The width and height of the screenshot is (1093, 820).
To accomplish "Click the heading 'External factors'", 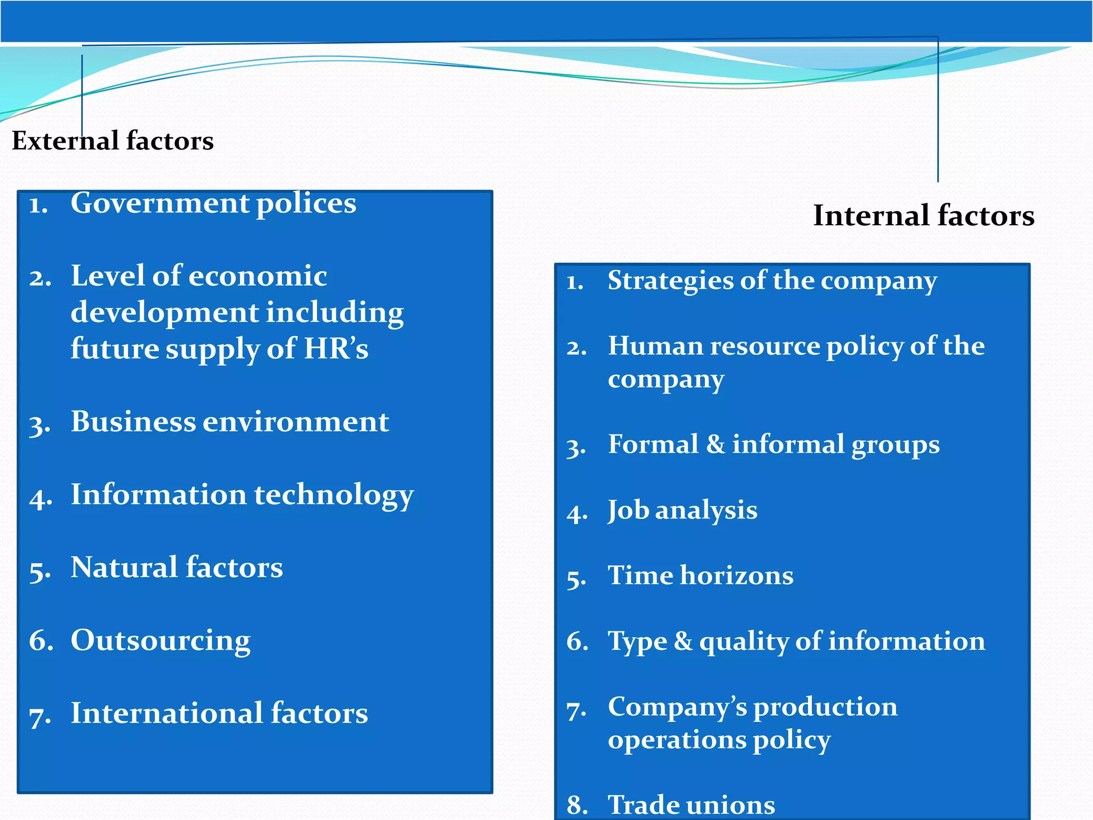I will click(x=113, y=141).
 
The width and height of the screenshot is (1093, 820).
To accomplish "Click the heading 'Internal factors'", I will click(x=923, y=216).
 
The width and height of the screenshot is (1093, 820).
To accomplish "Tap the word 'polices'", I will click(x=306, y=203).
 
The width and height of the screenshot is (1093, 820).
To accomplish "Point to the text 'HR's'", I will click(x=336, y=349).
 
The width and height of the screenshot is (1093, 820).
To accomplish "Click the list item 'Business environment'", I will click(x=229, y=422).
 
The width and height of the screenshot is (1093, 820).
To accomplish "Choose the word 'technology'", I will click(x=334, y=495).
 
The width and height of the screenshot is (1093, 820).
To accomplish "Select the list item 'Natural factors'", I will click(x=177, y=567).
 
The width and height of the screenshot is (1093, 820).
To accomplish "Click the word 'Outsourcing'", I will click(x=160, y=641).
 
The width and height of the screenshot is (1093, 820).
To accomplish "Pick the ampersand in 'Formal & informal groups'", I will click(x=715, y=444).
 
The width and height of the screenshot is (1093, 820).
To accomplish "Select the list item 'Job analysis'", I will click(x=682, y=510).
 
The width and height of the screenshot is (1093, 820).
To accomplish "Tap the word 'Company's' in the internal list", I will click(x=677, y=707).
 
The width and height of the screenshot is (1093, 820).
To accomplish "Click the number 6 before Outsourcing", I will click(x=40, y=641).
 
